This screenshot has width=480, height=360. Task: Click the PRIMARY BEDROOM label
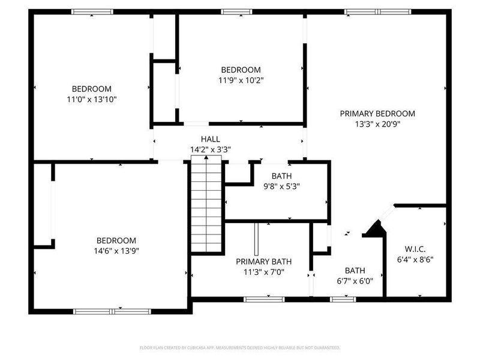point(377,113)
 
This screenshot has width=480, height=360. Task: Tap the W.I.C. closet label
point(415,248)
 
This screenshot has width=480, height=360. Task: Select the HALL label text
point(210,139)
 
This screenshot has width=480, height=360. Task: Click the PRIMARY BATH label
point(263,262)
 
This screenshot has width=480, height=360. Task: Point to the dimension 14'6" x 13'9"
point(117,251)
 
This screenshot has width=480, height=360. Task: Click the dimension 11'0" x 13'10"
point(92,99)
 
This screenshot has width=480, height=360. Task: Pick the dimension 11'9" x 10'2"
point(241,80)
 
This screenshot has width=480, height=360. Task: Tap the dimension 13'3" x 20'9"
point(377,124)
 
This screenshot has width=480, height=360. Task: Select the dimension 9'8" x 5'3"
point(281,187)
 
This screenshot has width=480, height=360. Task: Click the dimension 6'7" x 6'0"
point(359,281)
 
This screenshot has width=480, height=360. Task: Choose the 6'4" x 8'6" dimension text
point(415,260)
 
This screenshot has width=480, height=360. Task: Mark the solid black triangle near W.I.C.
point(376,230)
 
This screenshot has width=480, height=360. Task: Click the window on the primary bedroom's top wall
point(377,11)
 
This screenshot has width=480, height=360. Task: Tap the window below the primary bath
point(264,298)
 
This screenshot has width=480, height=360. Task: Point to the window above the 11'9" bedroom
point(237,11)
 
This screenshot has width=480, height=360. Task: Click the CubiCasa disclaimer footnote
point(240,347)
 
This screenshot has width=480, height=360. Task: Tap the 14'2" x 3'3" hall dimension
point(210,149)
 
